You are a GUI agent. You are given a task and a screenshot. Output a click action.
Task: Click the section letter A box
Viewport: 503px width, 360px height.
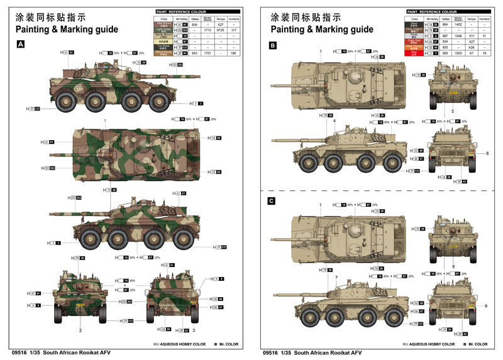click(21, 45)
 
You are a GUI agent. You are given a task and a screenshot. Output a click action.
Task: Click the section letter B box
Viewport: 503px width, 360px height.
click(272, 46)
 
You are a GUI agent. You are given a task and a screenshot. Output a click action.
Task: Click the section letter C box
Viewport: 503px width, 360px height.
click(272, 201)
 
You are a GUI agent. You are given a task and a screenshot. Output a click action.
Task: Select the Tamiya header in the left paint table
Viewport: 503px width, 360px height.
click(219, 18)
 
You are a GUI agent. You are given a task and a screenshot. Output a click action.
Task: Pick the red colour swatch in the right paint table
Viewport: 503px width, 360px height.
click(415, 53)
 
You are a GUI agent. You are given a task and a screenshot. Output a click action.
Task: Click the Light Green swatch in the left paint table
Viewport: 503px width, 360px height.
click(163, 30)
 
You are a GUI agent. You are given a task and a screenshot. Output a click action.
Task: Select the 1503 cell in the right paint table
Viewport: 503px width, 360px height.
click(459, 53)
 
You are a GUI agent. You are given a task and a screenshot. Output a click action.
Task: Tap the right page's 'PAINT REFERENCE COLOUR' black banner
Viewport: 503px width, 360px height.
click(448, 11)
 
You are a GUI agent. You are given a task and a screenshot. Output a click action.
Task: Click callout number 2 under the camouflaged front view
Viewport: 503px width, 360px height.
click(80, 329)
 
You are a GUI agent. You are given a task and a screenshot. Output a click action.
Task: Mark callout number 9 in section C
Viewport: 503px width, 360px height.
click(486, 305)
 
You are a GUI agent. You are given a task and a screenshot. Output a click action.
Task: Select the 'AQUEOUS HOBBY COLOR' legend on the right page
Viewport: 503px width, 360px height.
click(431, 344)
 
